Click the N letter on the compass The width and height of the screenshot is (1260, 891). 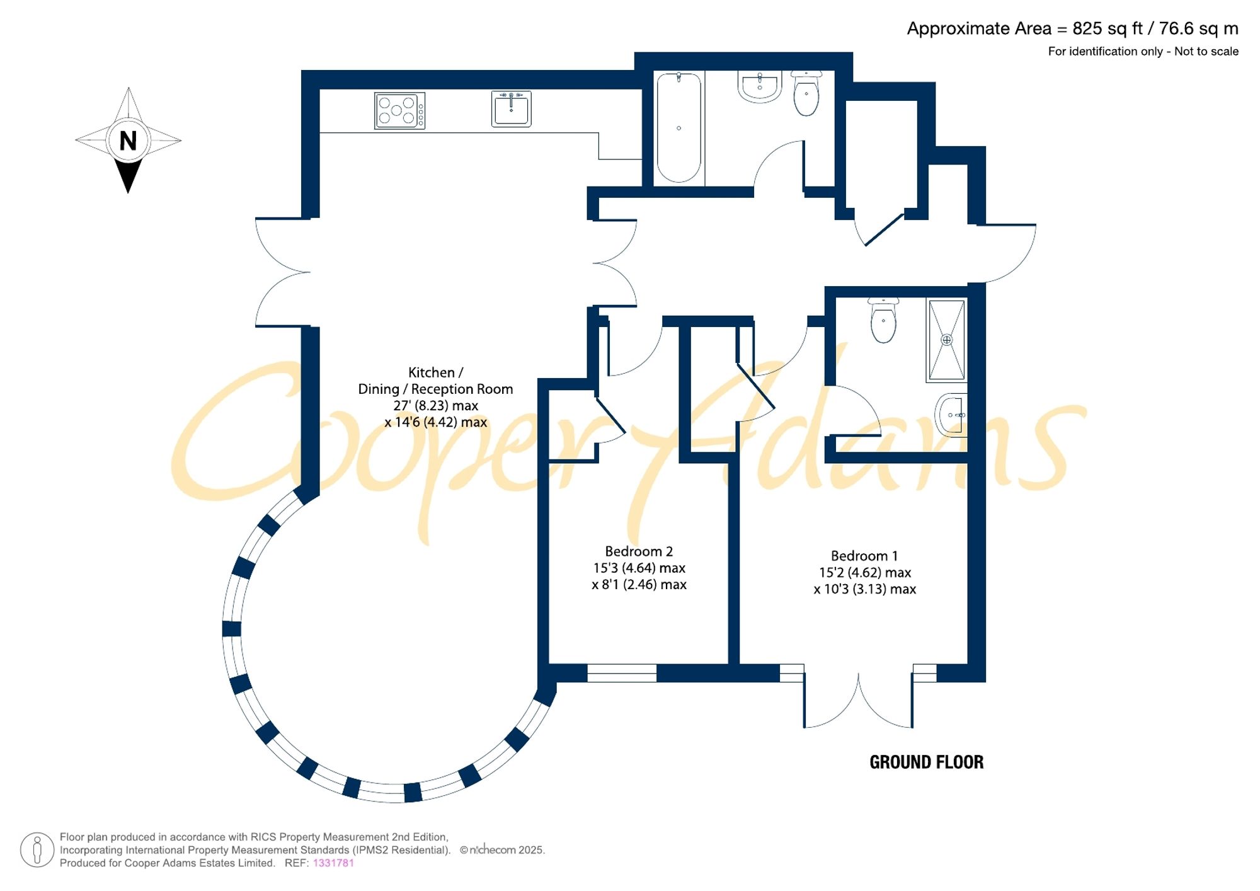(128, 141)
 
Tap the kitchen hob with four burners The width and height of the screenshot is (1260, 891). (399, 111)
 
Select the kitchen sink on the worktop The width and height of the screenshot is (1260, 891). (511, 109)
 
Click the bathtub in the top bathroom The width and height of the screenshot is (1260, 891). (679, 128)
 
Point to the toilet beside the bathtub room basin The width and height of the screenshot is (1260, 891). (806, 94)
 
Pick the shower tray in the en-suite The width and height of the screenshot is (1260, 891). (946, 340)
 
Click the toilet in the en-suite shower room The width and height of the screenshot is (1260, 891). (883, 321)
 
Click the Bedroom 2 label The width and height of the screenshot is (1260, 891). (639, 551)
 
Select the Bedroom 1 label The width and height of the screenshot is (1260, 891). (864, 556)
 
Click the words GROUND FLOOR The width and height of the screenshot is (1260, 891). (926, 762)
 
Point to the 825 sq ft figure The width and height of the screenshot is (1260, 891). (1108, 29)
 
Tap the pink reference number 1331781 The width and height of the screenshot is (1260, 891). (333, 863)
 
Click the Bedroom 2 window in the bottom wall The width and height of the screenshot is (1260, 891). (622, 673)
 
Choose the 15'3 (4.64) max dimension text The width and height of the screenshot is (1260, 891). (639, 568)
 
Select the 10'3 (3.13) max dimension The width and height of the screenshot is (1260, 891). (870, 589)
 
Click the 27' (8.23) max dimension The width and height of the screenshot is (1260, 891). (436, 406)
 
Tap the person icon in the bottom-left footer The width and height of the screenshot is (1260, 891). (37, 849)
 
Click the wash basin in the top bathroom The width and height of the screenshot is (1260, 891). (760, 86)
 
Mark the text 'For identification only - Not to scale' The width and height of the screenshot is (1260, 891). (1143, 52)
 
